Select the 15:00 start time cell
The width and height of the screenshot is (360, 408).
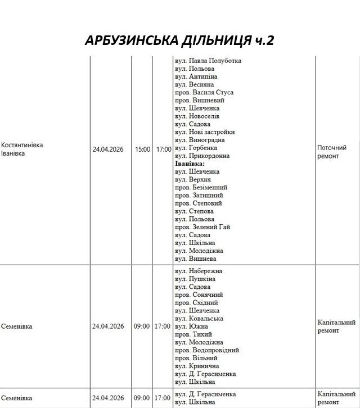142,149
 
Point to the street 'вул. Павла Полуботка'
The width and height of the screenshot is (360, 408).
208,61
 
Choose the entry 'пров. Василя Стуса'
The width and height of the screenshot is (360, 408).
204,92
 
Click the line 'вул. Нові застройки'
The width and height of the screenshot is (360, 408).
205,132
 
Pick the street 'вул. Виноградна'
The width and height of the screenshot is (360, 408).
200,140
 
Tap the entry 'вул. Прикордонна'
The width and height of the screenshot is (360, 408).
202,156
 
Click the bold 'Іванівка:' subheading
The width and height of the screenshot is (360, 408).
190,164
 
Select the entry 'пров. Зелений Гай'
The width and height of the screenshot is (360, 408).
202,227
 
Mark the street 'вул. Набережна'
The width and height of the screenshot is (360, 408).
199,271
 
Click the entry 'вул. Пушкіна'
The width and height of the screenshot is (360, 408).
195,279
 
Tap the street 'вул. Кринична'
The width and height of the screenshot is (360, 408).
197,366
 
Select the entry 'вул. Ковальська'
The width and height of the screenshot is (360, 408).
199,319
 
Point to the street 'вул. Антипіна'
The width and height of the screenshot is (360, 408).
196,76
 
